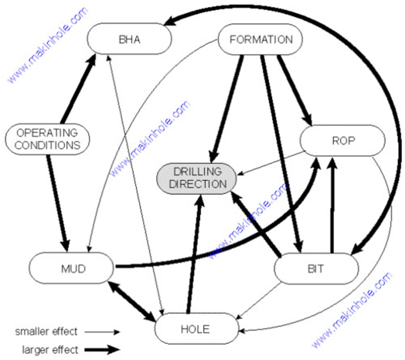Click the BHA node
tap(129, 39)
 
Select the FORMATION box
tap(261, 40)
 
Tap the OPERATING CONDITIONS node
tap(47, 139)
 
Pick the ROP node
tap(343, 140)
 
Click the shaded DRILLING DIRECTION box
tap(197, 178)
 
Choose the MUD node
tap(72, 268)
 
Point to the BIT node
tap(316, 268)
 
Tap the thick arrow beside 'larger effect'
tap(102, 349)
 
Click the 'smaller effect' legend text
tap(46, 331)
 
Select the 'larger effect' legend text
tap(50, 350)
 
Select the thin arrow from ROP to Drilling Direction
tap(270, 163)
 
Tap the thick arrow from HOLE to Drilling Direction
tap(194, 255)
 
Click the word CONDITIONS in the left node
tap(47, 145)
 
